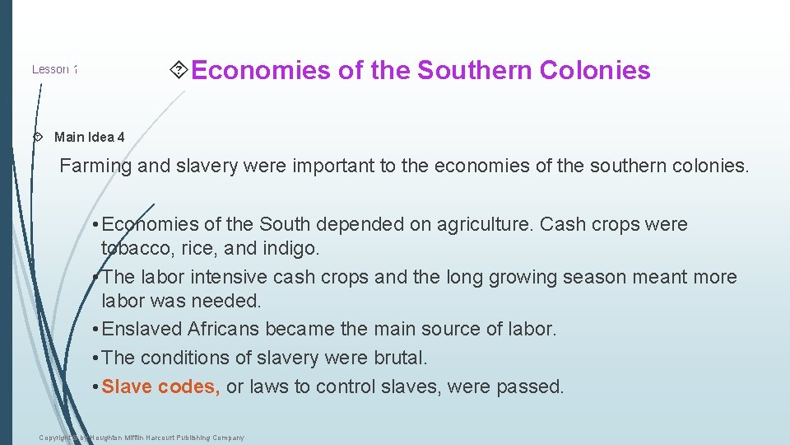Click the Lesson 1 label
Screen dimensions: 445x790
pos(54,69)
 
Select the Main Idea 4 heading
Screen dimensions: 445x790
pos(90,137)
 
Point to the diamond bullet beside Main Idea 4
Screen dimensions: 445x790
pos(37,137)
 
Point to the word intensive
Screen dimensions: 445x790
pos(238,277)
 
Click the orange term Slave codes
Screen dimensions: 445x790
pos(160,386)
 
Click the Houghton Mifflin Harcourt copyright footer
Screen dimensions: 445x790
pos(142,438)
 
